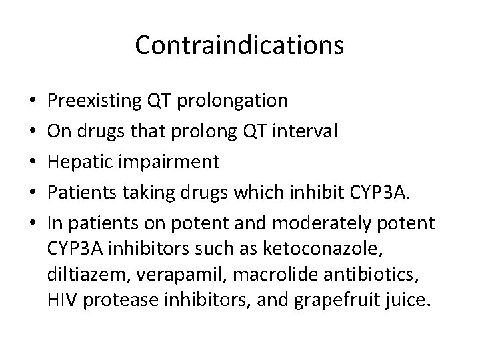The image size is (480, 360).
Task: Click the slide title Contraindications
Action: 239,46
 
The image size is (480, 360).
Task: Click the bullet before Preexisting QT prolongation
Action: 33,101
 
